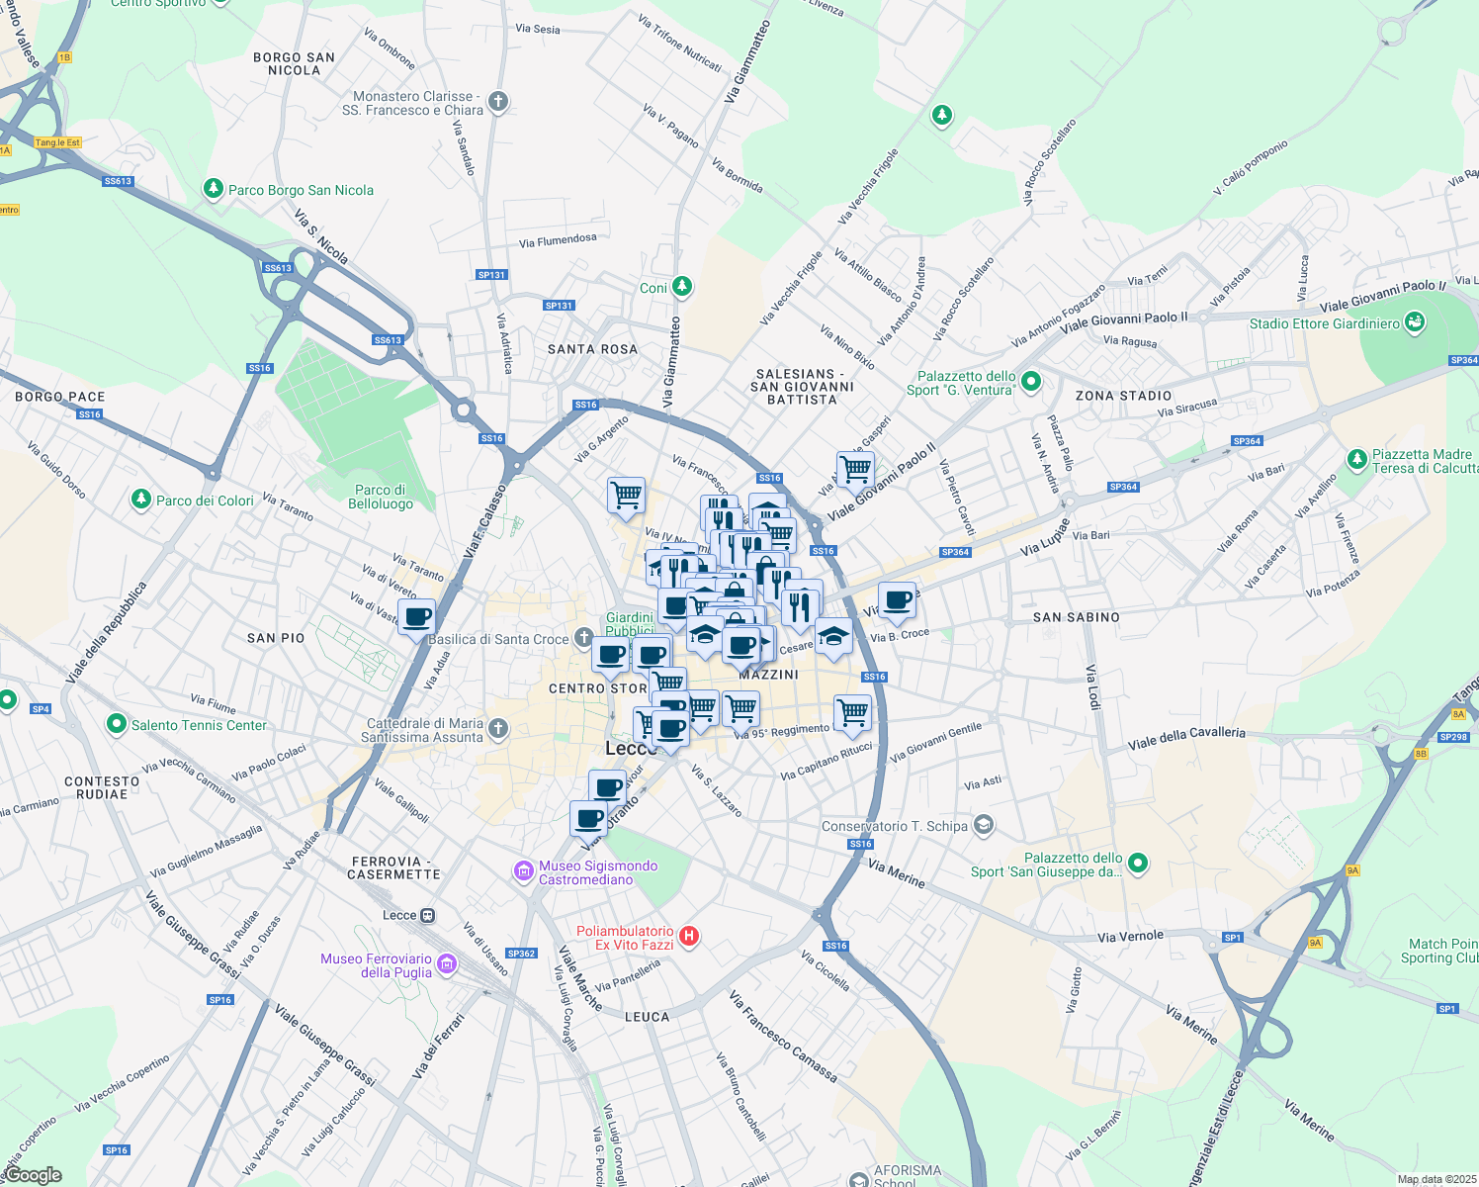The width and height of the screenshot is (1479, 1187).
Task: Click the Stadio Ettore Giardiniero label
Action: click(1324, 323)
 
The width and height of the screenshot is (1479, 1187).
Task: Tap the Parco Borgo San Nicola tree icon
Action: click(213, 189)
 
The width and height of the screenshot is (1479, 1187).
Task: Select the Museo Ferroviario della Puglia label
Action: click(376, 965)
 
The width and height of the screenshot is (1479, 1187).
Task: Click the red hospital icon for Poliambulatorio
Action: click(690, 936)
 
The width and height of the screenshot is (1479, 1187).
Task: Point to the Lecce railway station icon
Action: click(427, 915)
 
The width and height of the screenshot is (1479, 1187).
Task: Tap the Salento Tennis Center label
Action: click(199, 725)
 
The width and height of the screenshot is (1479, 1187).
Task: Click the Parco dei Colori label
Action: click(205, 501)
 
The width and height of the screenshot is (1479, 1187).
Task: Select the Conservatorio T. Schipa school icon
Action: click(983, 824)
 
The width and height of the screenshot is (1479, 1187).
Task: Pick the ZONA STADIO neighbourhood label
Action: click(1123, 396)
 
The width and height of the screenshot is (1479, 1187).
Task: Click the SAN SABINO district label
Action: click(1076, 617)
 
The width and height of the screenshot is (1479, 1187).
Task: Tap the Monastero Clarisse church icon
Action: click(498, 101)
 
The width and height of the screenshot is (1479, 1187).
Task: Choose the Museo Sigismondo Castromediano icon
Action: click(523, 870)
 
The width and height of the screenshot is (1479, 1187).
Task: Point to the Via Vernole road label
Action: click(1130, 936)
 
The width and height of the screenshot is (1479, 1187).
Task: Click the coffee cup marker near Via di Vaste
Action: click(417, 617)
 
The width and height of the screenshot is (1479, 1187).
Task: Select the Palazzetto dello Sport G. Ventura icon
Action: click(1031, 382)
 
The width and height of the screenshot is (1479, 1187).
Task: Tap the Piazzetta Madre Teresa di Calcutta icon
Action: click(1357, 460)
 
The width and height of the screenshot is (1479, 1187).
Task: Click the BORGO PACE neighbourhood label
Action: click(59, 397)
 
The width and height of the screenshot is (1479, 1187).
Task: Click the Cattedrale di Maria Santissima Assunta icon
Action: click(498, 729)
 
